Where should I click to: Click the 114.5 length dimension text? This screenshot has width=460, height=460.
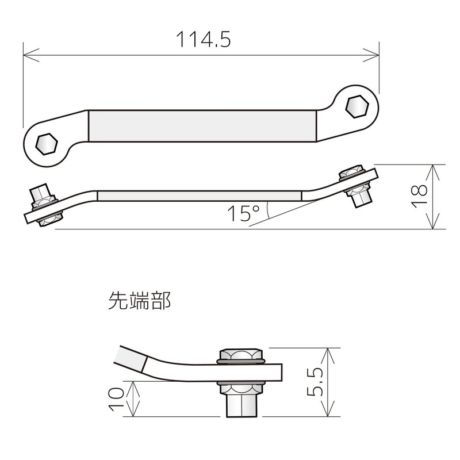[202, 40]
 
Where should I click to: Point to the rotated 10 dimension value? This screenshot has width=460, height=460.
[117, 398]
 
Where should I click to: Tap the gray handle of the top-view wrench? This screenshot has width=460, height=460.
[202, 126]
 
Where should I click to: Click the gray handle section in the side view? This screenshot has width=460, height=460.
[198, 195]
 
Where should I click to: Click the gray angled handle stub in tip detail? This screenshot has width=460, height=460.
[130, 360]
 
